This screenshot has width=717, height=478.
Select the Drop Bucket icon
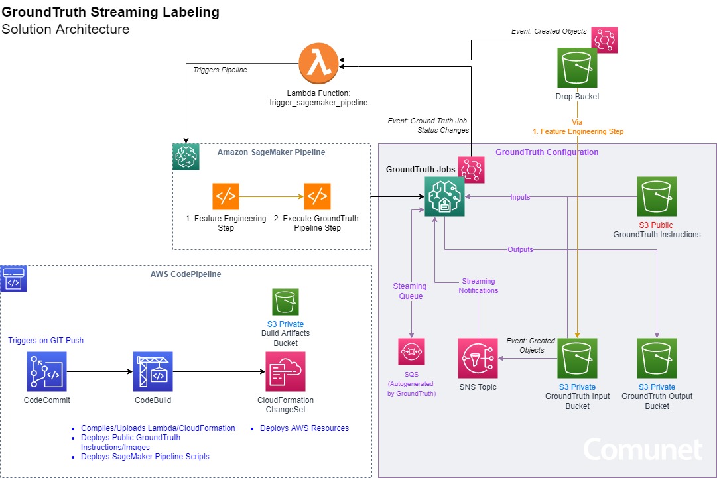[577, 68]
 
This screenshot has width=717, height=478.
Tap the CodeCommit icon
[46, 372]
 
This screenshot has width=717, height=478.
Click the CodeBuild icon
[153, 372]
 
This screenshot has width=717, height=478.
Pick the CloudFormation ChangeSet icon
[285, 372]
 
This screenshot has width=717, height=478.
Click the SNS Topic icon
[478, 359]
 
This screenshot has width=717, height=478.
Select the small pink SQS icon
[411, 352]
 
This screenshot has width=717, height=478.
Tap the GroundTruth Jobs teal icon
[444, 196]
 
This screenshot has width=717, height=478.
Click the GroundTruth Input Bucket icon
[577, 359]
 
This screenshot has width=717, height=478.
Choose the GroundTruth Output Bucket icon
[657, 359]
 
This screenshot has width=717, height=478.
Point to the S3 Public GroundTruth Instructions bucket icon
[657, 196]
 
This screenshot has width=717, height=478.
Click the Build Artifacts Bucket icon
[285, 302]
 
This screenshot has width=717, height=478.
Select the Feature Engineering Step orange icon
[226, 196]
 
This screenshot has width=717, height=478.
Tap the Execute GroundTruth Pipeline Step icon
[317, 196]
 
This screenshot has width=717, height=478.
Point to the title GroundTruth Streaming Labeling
[111, 12]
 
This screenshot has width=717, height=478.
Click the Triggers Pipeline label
[220, 69]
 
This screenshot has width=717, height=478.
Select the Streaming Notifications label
[479, 286]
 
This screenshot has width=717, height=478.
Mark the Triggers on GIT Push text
[46, 340]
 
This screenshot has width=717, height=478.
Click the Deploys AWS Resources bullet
[304, 428]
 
